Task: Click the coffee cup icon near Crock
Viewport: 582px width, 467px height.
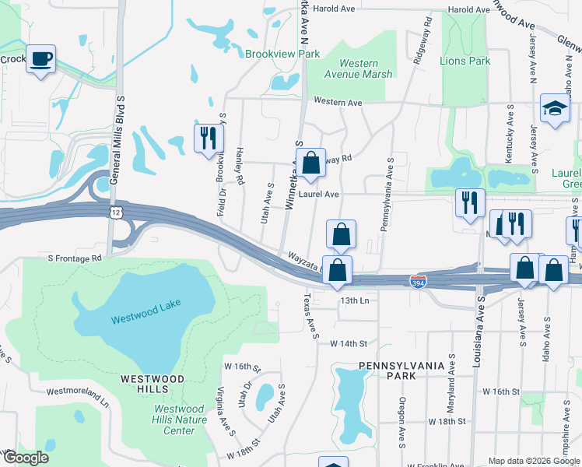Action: point(40,58)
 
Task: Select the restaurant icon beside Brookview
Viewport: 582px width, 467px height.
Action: point(208,138)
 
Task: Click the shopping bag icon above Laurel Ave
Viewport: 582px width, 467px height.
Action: point(310,163)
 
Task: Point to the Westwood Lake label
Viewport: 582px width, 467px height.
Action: point(140,318)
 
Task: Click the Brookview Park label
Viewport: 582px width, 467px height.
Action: point(282,54)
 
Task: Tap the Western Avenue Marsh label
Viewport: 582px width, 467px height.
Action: point(359,68)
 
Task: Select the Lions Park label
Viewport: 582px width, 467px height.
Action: point(465,61)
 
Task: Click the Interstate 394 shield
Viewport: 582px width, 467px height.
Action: point(418,280)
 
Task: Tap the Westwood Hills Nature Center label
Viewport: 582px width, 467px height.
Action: point(181,420)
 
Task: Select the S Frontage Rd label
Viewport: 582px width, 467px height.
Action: point(75,258)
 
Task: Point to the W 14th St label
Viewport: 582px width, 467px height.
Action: point(348,343)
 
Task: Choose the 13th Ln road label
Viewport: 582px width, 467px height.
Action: point(352,300)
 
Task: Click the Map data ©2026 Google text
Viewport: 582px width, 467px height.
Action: point(533,460)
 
